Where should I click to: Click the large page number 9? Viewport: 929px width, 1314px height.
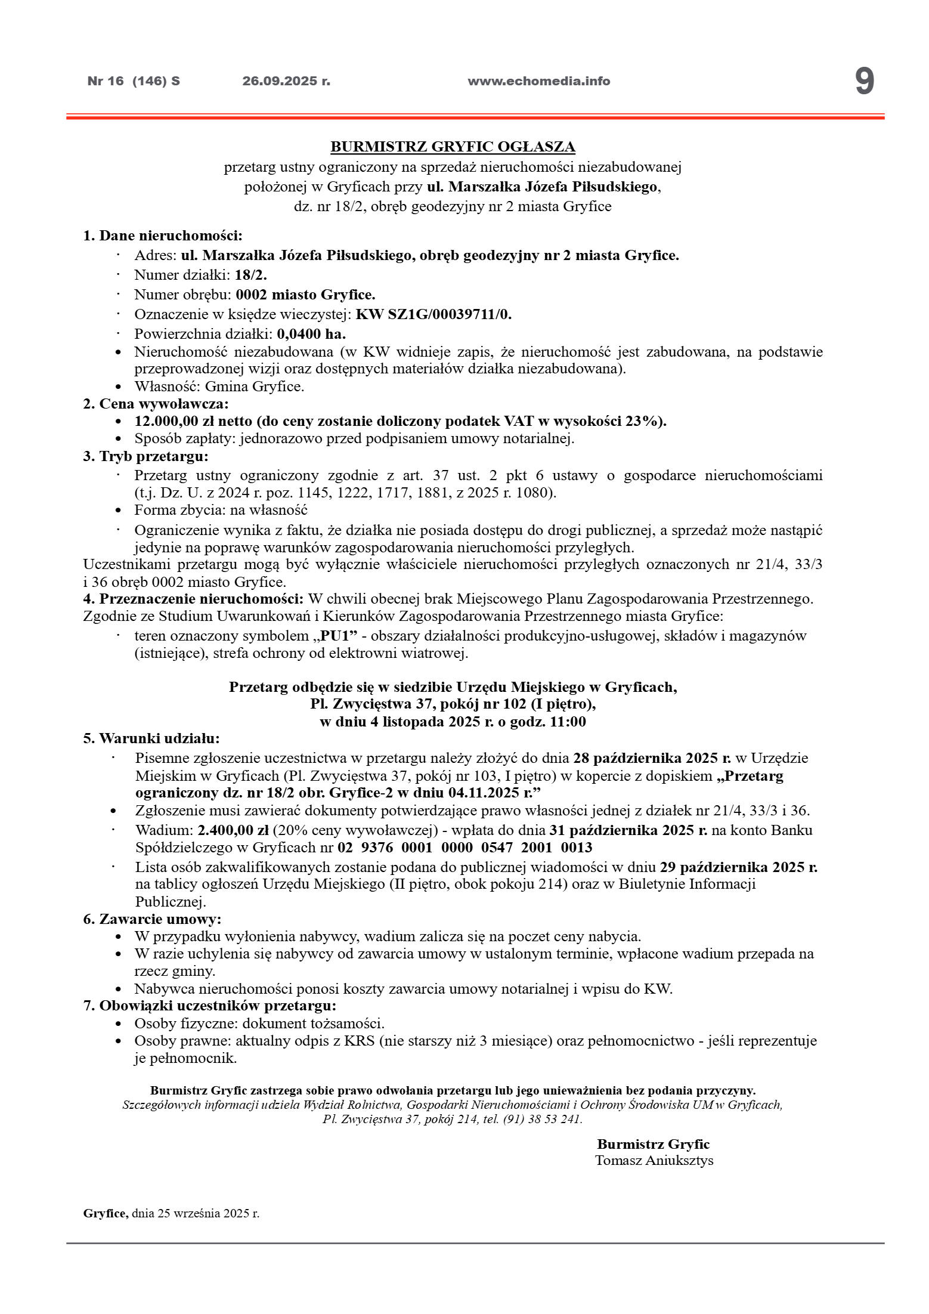tap(864, 82)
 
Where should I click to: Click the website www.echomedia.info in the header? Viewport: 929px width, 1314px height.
tap(538, 81)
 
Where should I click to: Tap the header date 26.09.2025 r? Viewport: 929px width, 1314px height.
tap(286, 81)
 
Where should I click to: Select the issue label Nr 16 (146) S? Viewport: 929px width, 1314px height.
tap(134, 81)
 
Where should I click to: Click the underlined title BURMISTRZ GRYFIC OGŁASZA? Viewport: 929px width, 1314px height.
tap(453, 147)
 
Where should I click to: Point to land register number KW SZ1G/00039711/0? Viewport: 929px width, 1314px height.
tap(433, 314)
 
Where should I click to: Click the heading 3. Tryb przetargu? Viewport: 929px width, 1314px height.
tap(146, 457)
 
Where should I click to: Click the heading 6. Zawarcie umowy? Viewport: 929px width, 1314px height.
tap(152, 919)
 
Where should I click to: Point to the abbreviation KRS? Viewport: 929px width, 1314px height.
tap(357, 1041)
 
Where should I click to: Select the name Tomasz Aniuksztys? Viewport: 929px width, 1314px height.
tap(654, 1161)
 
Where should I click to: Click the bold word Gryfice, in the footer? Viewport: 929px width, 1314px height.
tap(106, 1214)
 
